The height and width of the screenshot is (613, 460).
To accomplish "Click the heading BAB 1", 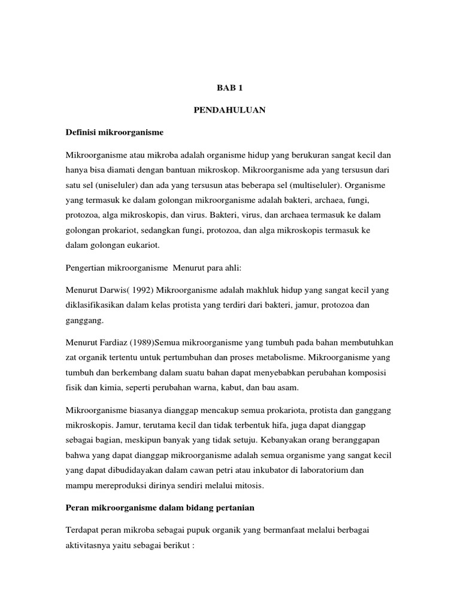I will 229,88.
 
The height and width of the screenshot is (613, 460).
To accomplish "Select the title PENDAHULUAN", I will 229,110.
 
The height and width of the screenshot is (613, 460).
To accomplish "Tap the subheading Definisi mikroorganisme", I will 114,131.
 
